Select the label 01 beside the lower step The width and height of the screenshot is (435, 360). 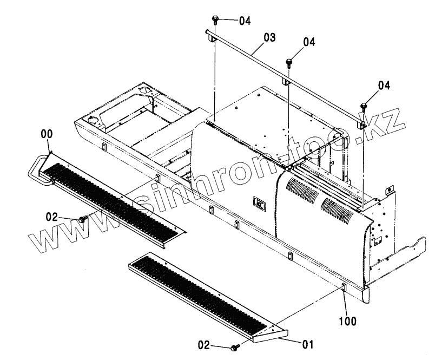pyautogui.click(x=307, y=343)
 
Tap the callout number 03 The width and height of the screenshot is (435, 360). pyautogui.click(x=269, y=37)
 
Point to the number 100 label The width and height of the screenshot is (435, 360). pyautogui.click(x=348, y=321)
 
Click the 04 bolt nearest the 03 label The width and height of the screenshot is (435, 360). pyautogui.click(x=215, y=21)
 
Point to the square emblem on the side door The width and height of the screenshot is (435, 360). pyautogui.click(x=258, y=205)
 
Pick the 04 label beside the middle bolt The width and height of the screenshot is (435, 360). pyautogui.click(x=309, y=42)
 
